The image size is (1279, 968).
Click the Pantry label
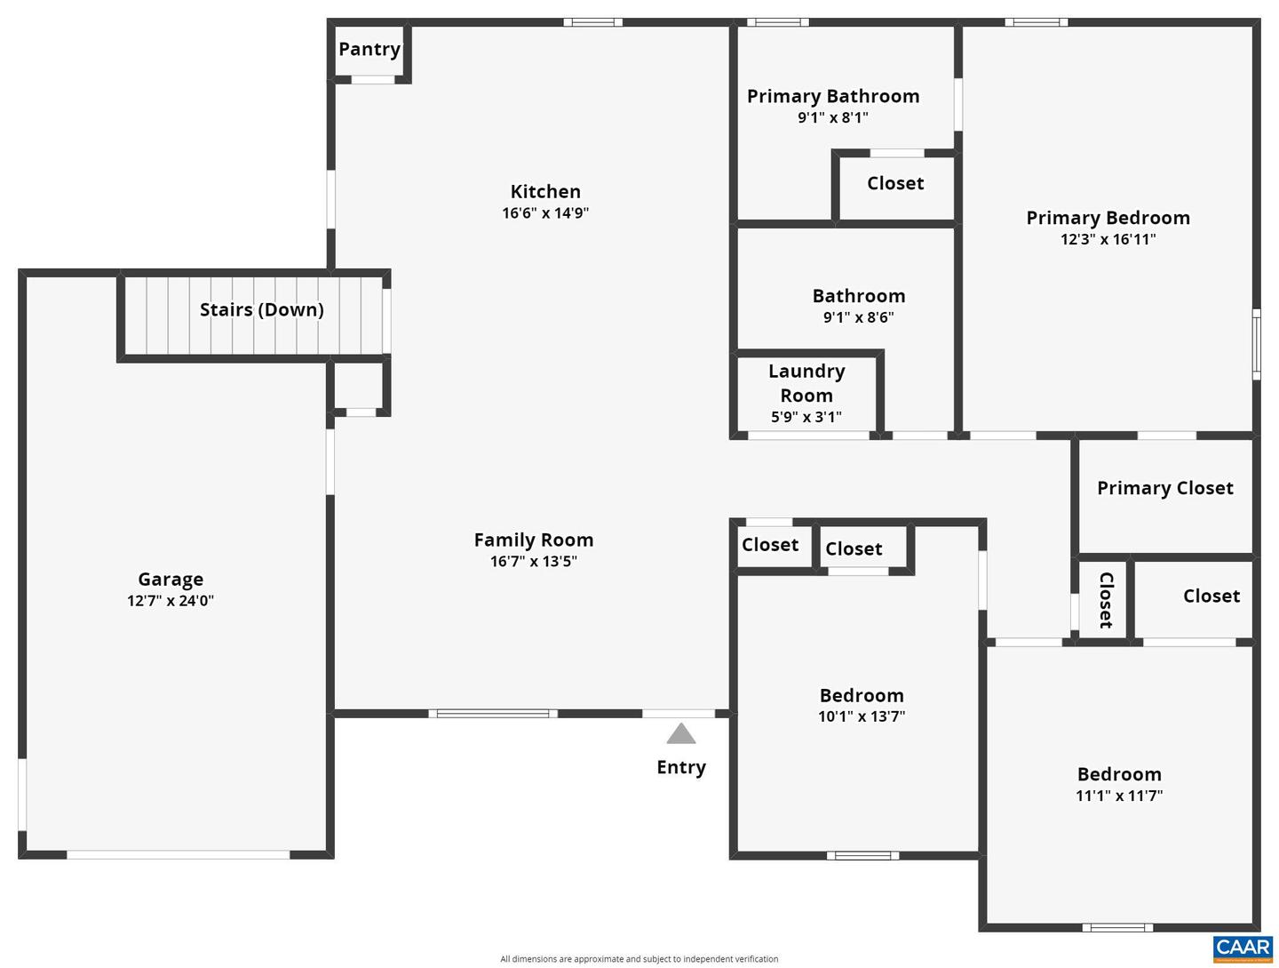pos(369,50)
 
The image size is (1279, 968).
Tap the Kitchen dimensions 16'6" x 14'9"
pos(545,213)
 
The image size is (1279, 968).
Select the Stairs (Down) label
pos(261,310)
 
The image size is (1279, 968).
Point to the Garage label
pos(171,580)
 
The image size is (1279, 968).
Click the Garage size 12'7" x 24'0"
pos(171,601)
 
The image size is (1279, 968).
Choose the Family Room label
pos(533,540)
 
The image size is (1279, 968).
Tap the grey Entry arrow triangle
pos(681,734)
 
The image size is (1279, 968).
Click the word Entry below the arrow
pos(681,768)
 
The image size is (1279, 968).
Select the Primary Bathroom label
pos(833,96)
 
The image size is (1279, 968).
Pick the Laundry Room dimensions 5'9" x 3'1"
pos(806,417)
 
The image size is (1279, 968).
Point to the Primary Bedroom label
pos(1108,218)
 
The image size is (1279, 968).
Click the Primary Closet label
pos(1164,488)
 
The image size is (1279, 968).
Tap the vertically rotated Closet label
pos(1106,600)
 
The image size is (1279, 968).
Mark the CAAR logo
pos(1243,948)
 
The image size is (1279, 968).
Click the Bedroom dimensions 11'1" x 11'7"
pos(1119,796)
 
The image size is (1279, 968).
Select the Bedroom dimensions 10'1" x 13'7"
pos(862,716)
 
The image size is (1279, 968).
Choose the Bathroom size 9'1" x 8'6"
pos(858,317)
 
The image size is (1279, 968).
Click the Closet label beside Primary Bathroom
pos(895,184)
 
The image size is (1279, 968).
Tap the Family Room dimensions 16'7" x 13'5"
pos(533,562)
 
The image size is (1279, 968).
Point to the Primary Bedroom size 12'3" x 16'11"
pos(1108,239)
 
